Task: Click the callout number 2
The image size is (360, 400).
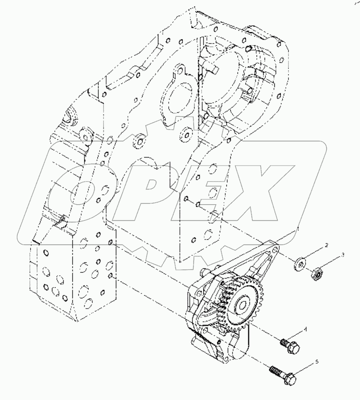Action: (326, 245)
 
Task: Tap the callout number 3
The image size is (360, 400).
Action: (342, 255)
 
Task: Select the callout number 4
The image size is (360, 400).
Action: (318, 329)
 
